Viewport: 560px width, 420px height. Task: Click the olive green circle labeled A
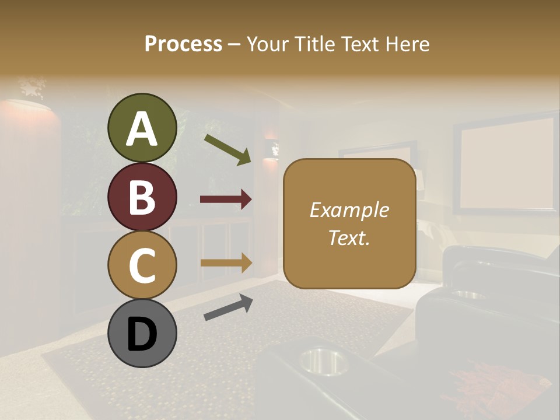[142, 128]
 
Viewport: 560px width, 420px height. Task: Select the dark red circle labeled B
[142, 197]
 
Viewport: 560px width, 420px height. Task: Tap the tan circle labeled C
[142, 265]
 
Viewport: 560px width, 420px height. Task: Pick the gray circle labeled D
[142, 334]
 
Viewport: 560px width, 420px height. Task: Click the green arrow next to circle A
[228, 149]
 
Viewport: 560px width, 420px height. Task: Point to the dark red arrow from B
[226, 199]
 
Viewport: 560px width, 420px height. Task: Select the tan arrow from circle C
[226, 262]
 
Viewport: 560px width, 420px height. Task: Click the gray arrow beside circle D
[228, 307]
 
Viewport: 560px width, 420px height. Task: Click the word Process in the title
[183, 44]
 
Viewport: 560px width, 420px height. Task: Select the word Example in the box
[349, 210]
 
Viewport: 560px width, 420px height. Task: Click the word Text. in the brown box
[349, 237]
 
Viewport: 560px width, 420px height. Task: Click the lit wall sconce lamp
[271, 149]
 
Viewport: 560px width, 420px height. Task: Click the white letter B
[142, 197]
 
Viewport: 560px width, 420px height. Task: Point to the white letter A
[142, 129]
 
